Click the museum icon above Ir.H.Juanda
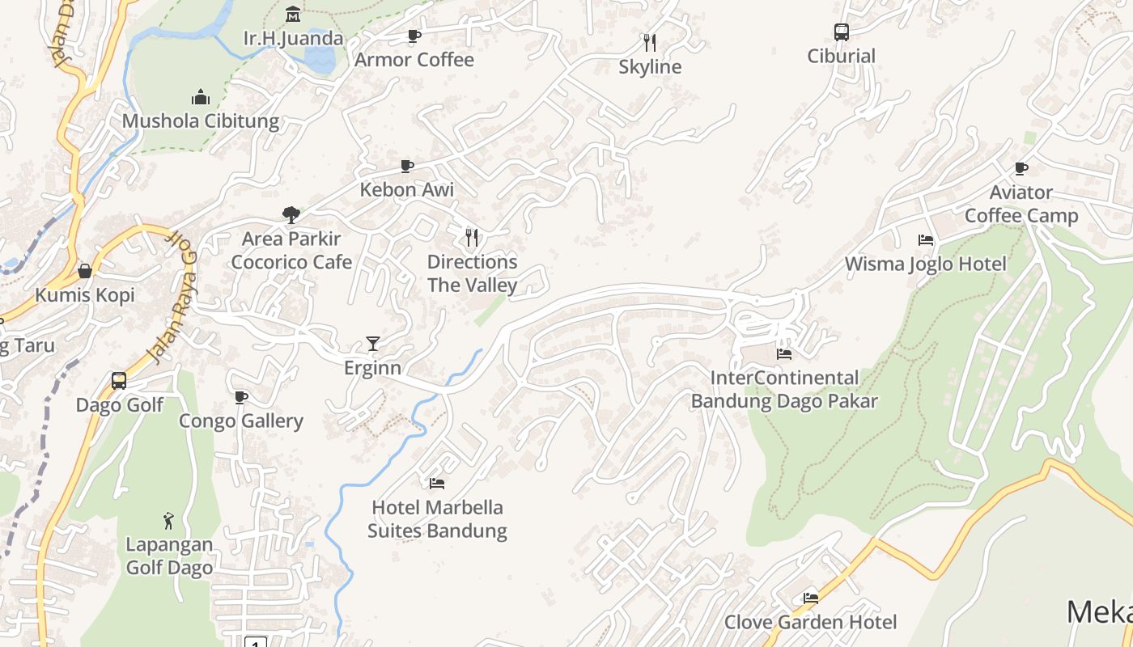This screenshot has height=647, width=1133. tap(293, 14)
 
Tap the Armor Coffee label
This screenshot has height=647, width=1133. tap(414, 60)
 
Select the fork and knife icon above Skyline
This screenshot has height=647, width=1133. tap(650, 42)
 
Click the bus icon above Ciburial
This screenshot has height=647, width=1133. tap(842, 32)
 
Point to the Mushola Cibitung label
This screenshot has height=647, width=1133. tap(201, 121)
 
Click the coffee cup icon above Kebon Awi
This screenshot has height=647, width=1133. tap(407, 166)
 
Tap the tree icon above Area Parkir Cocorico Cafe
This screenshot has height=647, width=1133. tap(291, 214)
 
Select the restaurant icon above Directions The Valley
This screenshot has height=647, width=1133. tap(473, 237)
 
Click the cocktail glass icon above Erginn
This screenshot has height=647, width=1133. tap(372, 344)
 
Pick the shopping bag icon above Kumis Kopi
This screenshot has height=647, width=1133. tap(85, 271)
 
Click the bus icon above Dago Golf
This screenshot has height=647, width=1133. tap(119, 380)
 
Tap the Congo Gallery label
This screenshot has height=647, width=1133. tap(241, 421)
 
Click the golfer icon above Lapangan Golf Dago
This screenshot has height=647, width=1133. tap(168, 520)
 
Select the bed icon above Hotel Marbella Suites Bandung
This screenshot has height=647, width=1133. tap(437, 484)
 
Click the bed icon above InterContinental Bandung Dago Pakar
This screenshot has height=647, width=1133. tap(783, 353)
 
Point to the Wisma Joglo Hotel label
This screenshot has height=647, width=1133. tap(926, 264)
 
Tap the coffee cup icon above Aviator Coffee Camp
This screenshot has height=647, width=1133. tap(1021, 168)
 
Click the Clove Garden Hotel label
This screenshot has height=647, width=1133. tap(810, 622)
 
